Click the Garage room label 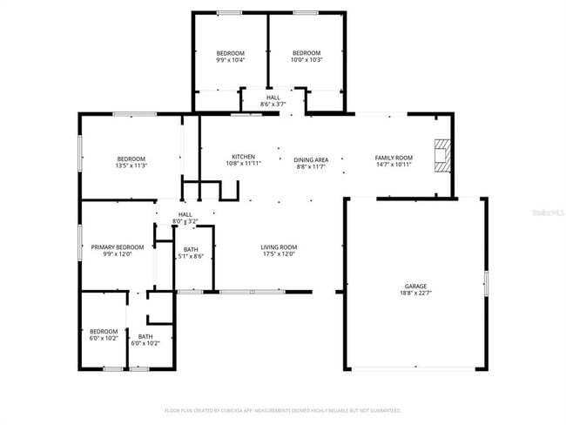(x=414, y=286)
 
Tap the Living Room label (x=280, y=246)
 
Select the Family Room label (x=393, y=158)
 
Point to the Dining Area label (x=310, y=159)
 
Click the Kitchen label (x=243, y=156)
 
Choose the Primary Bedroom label (x=118, y=246)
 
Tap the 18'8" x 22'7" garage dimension (x=414, y=293)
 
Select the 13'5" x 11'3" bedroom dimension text (x=131, y=165)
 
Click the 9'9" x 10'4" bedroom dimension (x=231, y=60)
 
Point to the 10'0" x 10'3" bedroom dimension (x=307, y=60)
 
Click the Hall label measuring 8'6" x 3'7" (x=273, y=98)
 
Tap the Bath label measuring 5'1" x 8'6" (x=191, y=250)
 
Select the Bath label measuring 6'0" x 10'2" (x=145, y=336)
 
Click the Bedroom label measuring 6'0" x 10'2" (x=104, y=331)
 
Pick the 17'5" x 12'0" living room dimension (x=280, y=254)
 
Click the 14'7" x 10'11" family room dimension (x=393, y=165)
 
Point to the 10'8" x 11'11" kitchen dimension (x=243, y=163)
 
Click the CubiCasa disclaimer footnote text (x=283, y=409)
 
